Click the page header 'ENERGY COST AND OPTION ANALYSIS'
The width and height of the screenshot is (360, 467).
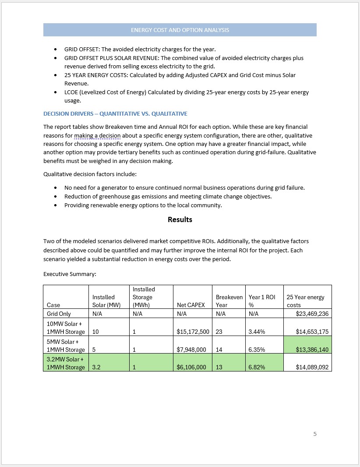coord(180,30)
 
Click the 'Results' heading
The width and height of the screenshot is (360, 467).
coord(180,219)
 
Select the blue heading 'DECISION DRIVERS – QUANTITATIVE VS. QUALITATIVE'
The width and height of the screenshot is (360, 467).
coord(115,114)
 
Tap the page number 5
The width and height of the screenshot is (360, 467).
coord(314,434)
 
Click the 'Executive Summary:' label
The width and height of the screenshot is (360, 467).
coord(70,274)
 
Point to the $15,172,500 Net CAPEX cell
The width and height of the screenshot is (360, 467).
coord(193,332)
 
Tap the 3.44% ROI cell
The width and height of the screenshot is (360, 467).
coord(256,332)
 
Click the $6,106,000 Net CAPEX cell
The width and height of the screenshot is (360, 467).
coord(191,368)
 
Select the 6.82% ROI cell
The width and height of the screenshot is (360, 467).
coord(256,368)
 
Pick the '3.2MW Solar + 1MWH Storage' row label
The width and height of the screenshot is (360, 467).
coord(66,364)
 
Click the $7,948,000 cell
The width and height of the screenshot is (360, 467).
coord(191,350)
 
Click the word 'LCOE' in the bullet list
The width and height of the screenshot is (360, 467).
coord(72,92)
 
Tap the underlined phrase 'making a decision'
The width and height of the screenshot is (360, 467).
coord(97,136)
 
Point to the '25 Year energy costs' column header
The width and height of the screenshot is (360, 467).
coord(305,301)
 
